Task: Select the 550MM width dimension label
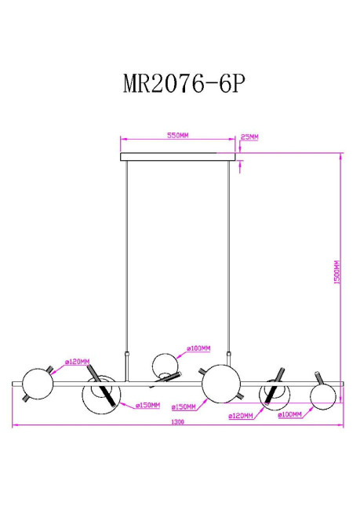(x=178, y=136)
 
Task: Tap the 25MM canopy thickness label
(x=250, y=137)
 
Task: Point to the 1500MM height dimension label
(x=336, y=271)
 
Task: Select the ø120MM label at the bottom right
(x=241, y=417)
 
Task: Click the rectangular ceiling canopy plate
(x=179, y=157)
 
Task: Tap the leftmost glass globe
(x=37, y=384)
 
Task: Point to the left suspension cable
(x=128, y=259)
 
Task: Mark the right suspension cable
(x=230, y=259)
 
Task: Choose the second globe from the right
(x=274, y=392)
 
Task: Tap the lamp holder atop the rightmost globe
(x=317, y=374)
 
